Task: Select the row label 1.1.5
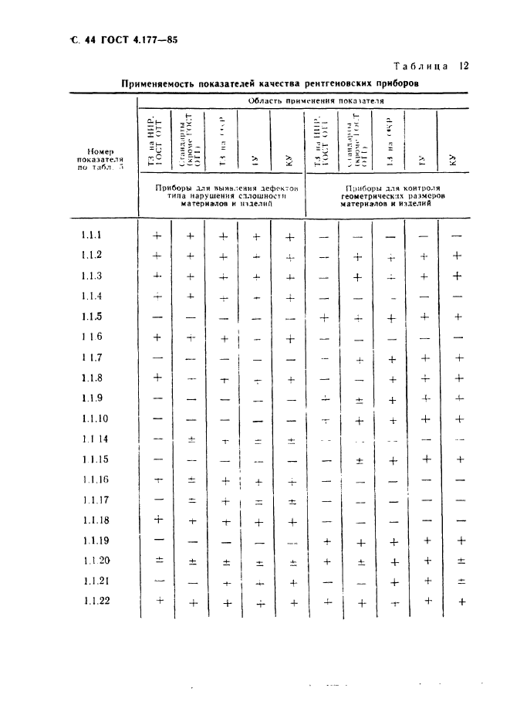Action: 93,317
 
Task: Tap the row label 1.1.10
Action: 96,418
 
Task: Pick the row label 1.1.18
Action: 96,520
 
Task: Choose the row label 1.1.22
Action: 96,602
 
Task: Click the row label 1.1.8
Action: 93,378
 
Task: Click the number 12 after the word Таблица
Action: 464,66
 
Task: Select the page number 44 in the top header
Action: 83,39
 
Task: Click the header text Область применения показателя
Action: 316,101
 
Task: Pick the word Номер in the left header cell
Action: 101,151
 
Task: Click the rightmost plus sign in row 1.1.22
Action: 461,602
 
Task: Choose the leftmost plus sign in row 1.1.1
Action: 157,236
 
